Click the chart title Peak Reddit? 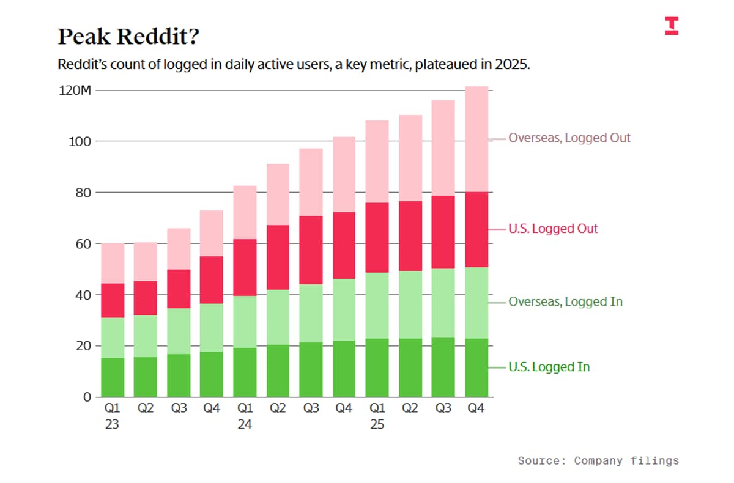(x=128, y=37)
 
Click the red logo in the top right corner (x=672, y=25)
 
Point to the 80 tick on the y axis (x=84, y=193)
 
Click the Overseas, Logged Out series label (x=569, y=138)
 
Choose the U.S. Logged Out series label (x=553, y=229)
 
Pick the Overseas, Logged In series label (x=565, y=301)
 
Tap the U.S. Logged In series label (x=549, y=367)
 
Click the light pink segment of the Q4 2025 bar (x=476, y=139)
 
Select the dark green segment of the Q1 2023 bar (x=113, y=377)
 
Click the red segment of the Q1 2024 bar (x=245, y=267)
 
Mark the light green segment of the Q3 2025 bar (x=443, y=303)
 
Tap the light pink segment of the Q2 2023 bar (x=146, y=262)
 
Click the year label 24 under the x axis (x=245, y=424)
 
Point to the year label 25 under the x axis (x=377, y=424)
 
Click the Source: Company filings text (x=598, y=460)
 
